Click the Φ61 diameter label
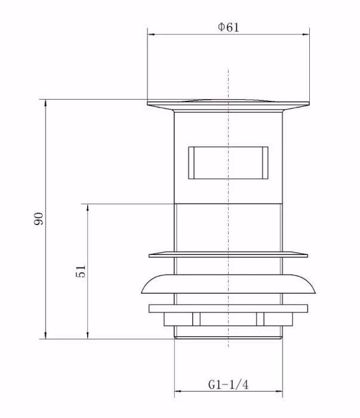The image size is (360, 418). point(229,27)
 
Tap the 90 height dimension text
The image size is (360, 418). point(39,219)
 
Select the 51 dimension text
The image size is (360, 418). point(81,271)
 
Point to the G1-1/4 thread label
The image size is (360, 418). point(228,385)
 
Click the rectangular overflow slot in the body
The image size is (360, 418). point(228,162)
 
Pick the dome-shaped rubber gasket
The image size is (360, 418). point(229,284)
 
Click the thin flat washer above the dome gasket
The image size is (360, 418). point(229,254)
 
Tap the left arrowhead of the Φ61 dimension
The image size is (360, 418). point(151,35)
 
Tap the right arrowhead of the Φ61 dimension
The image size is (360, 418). point(306,35)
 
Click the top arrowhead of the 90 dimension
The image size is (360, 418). point(46,103)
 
